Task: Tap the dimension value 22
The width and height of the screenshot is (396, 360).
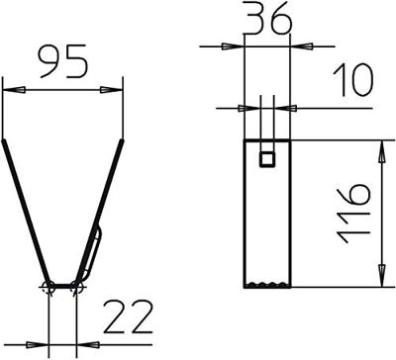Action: [x=127, y=318]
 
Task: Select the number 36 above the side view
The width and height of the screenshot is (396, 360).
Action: [x=265, y=20]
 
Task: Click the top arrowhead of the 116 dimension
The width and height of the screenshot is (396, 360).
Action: [x=381, y=147]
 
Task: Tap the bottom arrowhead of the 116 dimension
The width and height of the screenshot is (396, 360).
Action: [x=381, y=280]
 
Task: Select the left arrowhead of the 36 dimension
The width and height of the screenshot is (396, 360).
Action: [x=237, y=45]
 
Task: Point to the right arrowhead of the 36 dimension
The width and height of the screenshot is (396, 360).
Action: [x=296, y=45]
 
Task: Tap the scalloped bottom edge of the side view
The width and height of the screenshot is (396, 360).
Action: [x=266, y=285]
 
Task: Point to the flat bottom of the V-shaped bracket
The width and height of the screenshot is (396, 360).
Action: [x=63, y=287]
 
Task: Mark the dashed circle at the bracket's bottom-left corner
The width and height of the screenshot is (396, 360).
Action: [x=49, y=287]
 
